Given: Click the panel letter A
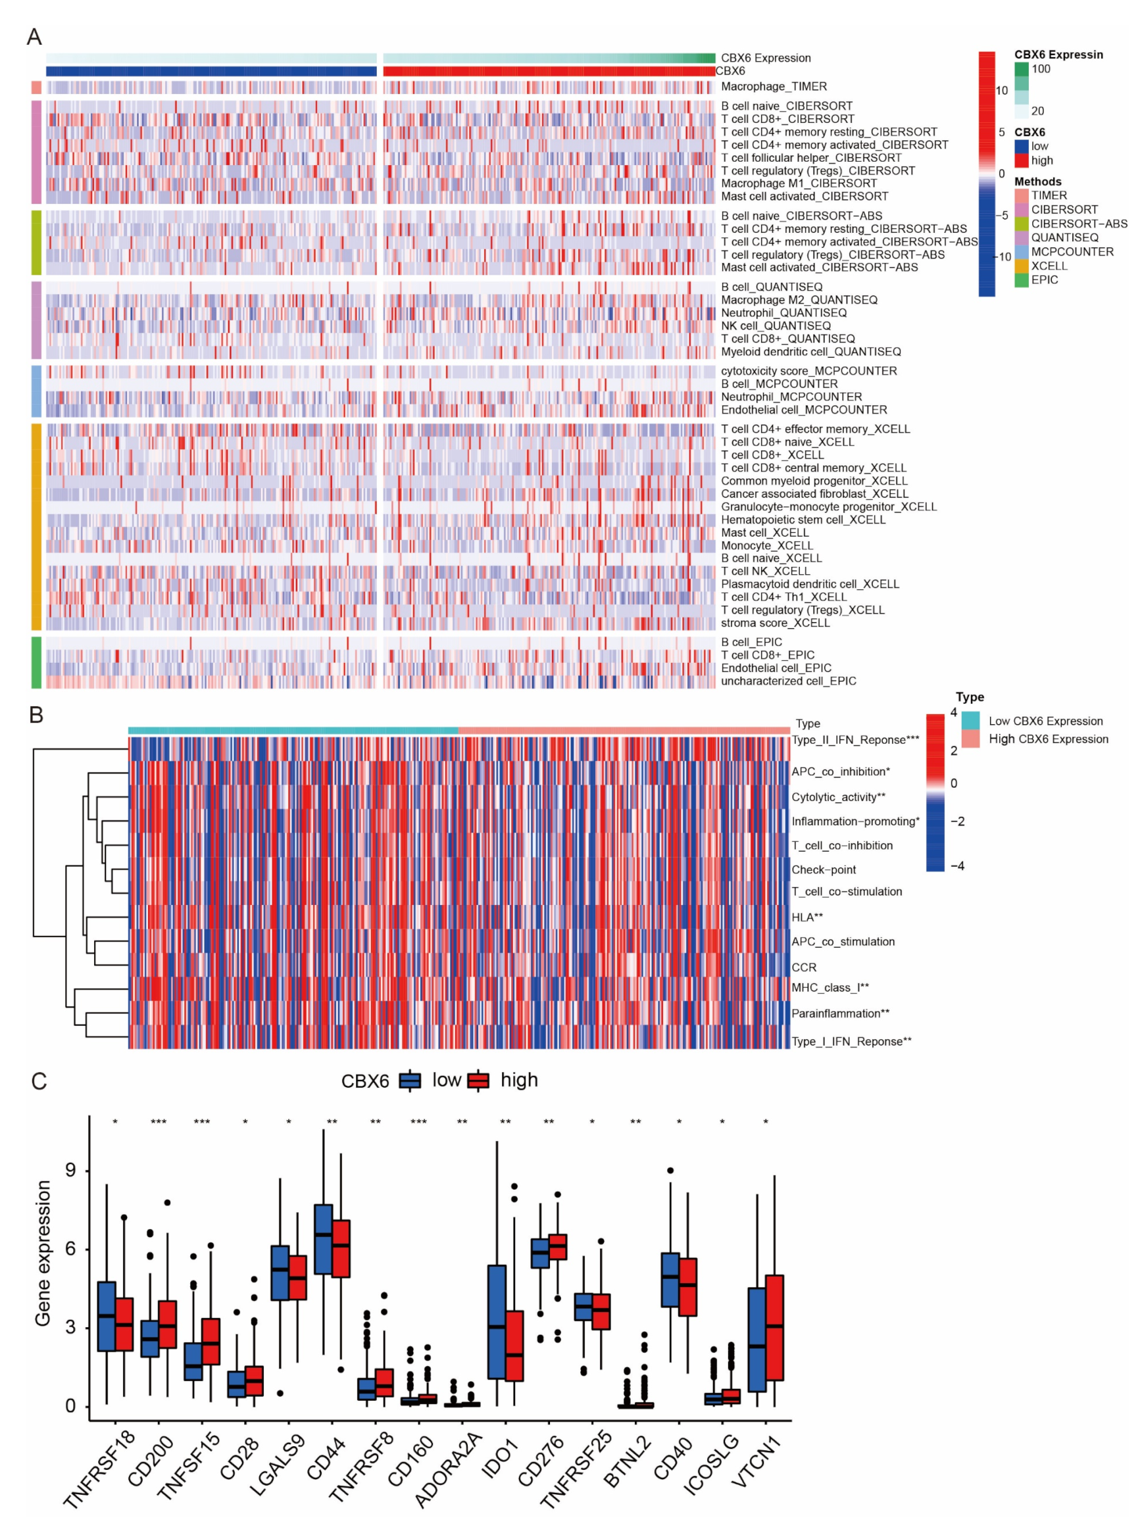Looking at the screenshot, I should pos(34,37).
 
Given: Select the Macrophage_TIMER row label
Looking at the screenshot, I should pos(774,86).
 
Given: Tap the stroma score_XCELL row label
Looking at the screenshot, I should pos(775,623).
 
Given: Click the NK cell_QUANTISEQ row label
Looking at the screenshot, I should pos(776,326).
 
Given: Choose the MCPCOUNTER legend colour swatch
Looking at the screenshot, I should pos(1021,252).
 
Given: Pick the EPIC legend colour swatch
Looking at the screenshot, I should pos(1021,280).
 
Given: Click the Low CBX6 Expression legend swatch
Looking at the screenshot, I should pos(970,721).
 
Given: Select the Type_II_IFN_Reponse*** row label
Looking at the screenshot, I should pos(855,740).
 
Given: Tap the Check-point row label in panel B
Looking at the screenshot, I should pos(824,869).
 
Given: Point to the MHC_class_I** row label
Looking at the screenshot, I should pos(830,988).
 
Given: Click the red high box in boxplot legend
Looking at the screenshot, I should pos(478,1080).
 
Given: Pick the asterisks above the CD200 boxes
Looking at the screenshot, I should pos(159,1122).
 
